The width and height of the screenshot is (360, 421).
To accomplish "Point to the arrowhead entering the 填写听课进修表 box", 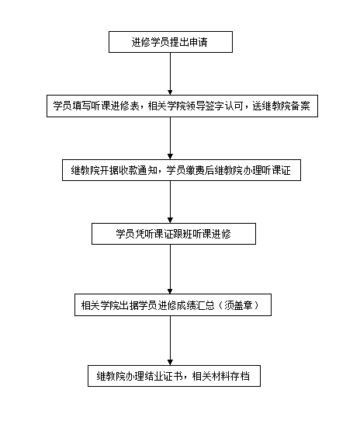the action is point(170,92).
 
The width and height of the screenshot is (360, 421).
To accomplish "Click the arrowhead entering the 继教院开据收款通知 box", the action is point(170,157).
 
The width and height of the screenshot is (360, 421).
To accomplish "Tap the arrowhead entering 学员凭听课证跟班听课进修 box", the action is point(170,220).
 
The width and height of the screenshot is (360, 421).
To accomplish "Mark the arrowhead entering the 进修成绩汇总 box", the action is point(170,291).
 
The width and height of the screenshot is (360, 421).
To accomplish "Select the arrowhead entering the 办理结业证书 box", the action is point(170,363).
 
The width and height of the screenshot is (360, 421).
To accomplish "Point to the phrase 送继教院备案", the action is point(281,106).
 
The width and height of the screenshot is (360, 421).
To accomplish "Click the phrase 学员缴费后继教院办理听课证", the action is point(229,170).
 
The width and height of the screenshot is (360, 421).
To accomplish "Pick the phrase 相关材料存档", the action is point(221,376).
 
